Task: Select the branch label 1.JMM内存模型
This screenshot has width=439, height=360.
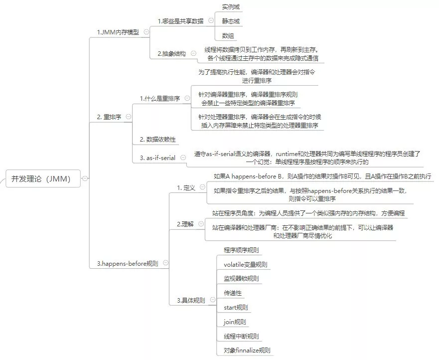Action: tap(118, 32)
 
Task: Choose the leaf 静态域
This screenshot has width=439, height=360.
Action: tap(231, 21)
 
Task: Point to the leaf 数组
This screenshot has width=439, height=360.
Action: tap(228, 35)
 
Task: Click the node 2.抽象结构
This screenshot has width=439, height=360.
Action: tap(172, 53)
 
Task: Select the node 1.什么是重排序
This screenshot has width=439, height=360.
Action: tap(159, 98)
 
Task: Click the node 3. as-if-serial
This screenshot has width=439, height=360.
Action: tap(157, 158)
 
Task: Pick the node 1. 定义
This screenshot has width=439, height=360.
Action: tap(186, 188)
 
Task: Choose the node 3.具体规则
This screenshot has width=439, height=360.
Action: tap(191, 301)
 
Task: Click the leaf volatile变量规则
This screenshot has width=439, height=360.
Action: tap(246, 264)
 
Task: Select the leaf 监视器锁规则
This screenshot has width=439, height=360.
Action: tap(241, 278)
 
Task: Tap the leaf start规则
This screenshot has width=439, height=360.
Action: tap(236, 307)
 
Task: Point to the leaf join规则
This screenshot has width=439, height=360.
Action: tap(235, 322)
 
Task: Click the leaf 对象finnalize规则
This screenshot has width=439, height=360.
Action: tap(247, 351)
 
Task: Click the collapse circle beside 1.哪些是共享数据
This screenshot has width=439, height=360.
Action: tap(211, 21)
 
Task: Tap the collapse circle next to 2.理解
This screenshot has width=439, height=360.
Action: tap(199, 224)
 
